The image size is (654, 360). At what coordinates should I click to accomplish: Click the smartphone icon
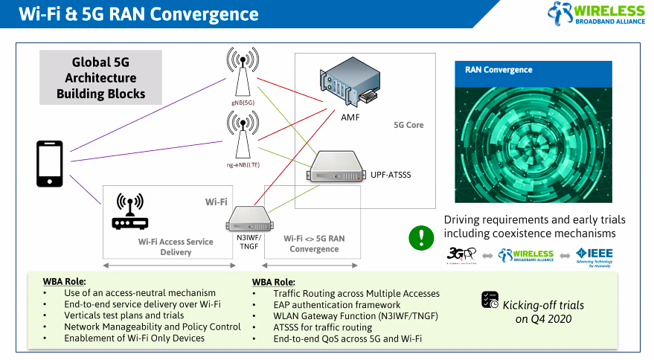[50, 164]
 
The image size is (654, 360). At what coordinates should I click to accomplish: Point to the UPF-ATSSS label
[391, 175]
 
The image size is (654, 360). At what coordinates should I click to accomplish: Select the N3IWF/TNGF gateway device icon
[249, 218]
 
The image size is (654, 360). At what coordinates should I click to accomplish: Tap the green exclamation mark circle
[421, 239]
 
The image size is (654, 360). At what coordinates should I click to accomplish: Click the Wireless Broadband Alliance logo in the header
[595, 14]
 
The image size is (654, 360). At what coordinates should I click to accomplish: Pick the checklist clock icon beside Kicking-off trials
[490, 300]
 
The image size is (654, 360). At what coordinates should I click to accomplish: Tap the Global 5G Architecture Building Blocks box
[101, 78]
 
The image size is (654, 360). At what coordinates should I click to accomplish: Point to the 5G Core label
[408, 125]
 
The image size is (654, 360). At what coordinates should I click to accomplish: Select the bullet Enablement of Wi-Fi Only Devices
[135, 338]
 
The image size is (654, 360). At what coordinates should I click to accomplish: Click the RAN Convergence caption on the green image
[498, 70]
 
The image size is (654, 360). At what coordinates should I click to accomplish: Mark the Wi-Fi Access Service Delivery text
[176, 247]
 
